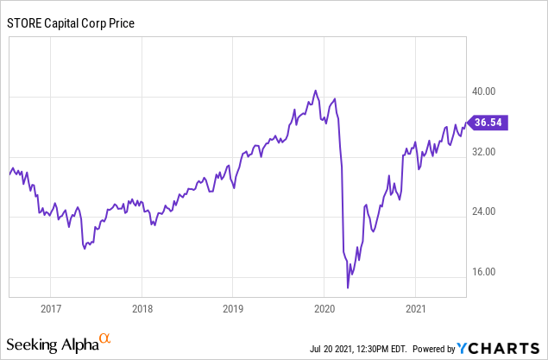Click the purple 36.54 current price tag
(486, 123)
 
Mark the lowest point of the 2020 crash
(348, 287)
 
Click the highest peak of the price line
(315, 91)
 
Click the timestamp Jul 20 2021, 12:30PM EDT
(357, 349)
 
